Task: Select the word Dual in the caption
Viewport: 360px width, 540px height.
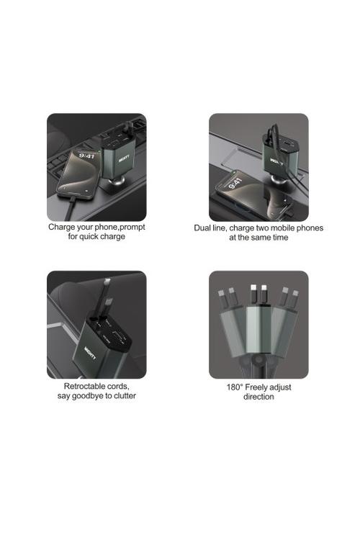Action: pos(202,228)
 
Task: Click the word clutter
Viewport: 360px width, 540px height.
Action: pos(125,396)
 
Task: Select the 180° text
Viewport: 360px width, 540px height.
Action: pos(235,387)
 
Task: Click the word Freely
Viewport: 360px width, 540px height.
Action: pos(257,388)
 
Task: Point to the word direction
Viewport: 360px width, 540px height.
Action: pos(258,397)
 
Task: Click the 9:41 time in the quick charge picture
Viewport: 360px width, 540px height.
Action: pos(86,156)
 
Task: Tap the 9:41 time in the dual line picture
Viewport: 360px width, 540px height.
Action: pos(235,183)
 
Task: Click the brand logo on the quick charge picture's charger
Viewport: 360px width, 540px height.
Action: pos(124,159)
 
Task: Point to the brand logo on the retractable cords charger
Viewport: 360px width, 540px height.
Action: pos(91,353)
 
